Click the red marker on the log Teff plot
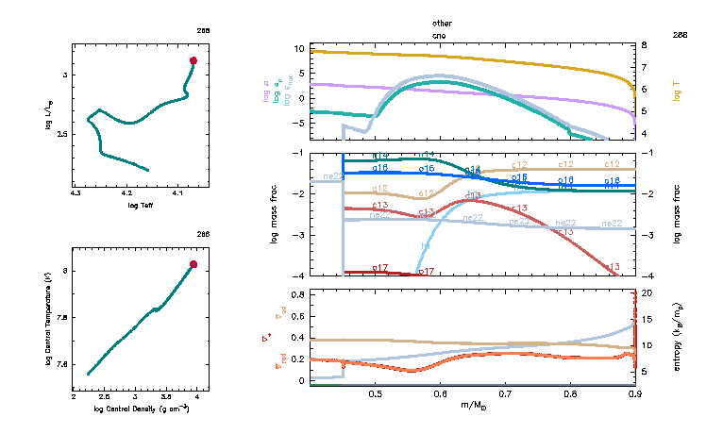(x=193, y=60)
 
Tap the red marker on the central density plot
(x=193, y=264)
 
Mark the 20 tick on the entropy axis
(x=647, y=293)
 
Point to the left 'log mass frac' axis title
(x=275, y=214)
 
